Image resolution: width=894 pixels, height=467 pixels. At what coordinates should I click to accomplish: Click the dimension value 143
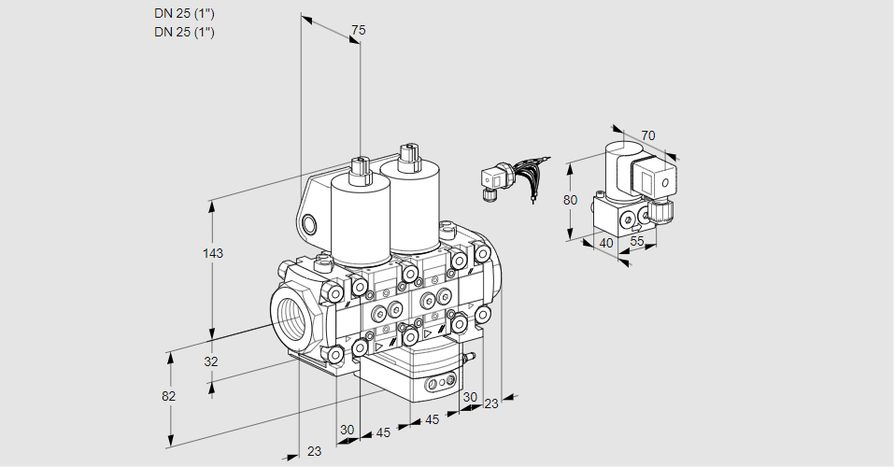[x=215, y=253]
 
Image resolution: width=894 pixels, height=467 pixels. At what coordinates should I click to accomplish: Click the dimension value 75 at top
[x=357, y=31]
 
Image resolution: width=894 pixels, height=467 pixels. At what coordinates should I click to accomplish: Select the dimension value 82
[x=168, y=396]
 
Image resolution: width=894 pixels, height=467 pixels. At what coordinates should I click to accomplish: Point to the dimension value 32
[x=210, y=361]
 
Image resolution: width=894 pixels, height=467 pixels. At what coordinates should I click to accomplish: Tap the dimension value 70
[x=648, y=135]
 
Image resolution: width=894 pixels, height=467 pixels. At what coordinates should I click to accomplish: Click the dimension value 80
[x=572, y=199]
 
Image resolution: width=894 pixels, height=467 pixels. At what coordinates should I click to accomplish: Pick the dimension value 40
[x=605, y=243]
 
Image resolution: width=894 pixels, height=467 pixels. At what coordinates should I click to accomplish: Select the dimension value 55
[x=638, y=241]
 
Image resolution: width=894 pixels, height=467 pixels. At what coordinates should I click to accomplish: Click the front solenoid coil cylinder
[x=360, y=219]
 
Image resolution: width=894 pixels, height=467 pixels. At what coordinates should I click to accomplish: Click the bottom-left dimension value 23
[x=314, y=451]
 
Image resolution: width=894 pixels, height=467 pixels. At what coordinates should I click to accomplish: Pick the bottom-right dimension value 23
[x=491, y=403]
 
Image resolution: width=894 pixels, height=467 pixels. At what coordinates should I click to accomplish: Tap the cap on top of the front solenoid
[x=360, y=169]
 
